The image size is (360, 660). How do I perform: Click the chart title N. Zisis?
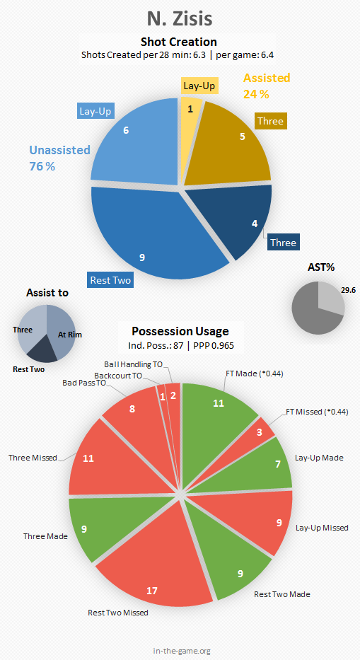tap(180, 19)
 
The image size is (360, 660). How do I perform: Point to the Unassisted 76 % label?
tap(59, 158)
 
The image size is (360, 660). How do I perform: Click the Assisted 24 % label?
tap(267, 86)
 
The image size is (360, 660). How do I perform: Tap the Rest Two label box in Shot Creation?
tap(111, 280)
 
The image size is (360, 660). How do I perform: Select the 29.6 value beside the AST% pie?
tap(347, 289)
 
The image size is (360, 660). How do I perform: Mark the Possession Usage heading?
tap(180, 331)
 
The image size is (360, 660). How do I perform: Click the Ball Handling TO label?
tap(133, 364)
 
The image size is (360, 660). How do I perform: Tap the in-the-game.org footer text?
tap(182, 651)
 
